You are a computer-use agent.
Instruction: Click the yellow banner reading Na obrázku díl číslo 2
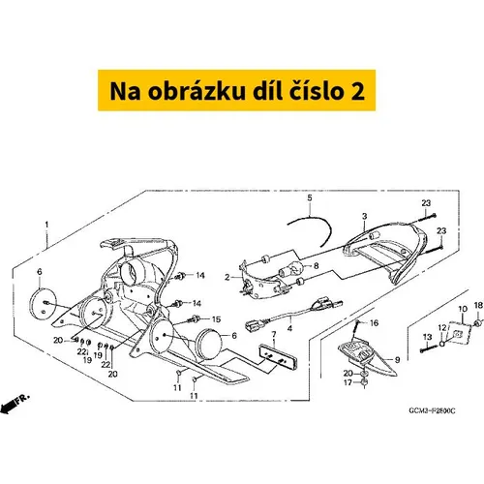pos(236,90)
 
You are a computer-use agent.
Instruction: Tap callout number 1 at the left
pos(47,225)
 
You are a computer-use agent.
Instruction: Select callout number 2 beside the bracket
pos(227,277)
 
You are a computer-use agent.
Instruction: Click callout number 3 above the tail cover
pos(365,216)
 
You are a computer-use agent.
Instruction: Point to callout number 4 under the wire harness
pos(290,328)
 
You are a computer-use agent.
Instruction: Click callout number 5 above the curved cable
pos(310,197)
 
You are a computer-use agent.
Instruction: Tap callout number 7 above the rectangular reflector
pos(274,334)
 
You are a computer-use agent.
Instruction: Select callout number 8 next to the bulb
pos(316,265)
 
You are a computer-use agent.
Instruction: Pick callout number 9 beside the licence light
pos(397,359)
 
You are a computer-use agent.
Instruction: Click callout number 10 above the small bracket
pos(463,309)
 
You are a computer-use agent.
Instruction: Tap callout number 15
pos(216,319)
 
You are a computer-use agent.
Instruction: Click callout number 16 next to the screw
pos(374,323)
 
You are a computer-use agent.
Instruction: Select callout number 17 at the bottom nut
pos(348,382)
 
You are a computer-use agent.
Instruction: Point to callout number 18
pos(478,305)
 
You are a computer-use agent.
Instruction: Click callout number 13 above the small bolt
pos(427,337)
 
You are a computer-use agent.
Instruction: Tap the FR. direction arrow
pos(15,405)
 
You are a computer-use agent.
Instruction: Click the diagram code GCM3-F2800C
pos(432,410)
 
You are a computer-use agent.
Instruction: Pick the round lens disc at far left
pos(43,306)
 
